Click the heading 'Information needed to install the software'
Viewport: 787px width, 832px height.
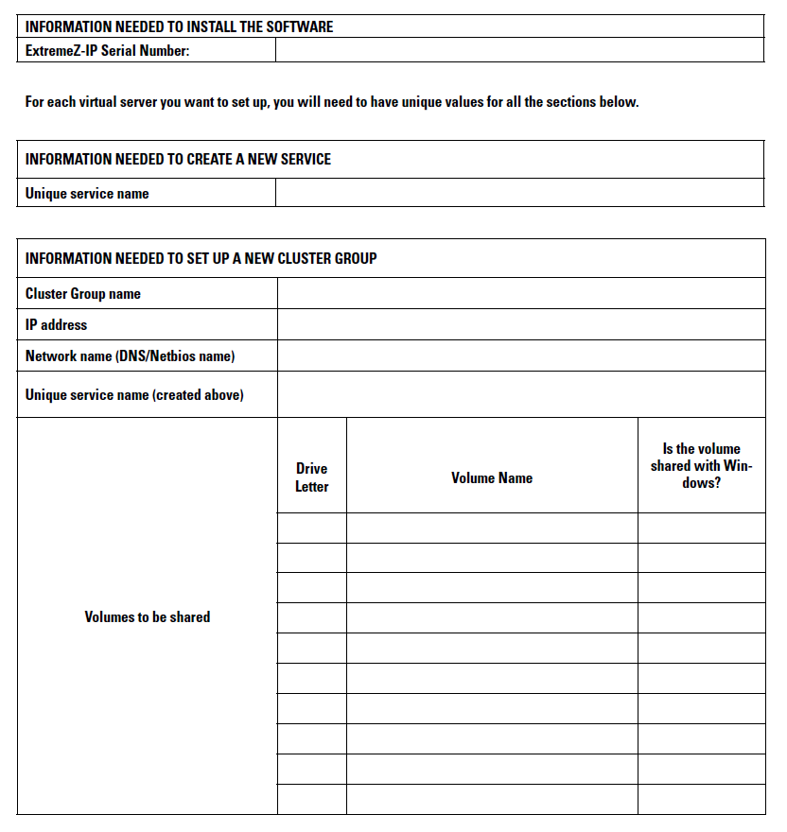(180, 26)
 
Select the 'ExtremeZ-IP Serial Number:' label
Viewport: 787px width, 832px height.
(108, 51)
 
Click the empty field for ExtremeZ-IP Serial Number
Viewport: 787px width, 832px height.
(519, 50)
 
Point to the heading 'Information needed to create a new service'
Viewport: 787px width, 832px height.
(179, 159)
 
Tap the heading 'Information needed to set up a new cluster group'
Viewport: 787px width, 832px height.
(201, 258)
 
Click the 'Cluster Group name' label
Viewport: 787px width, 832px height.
(83, 293)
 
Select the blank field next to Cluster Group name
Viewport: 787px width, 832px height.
(520, 293)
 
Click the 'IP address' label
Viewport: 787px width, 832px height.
(56, 324)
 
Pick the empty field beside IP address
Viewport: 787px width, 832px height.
(520, 324)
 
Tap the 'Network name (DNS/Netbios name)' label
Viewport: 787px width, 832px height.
(131, 355)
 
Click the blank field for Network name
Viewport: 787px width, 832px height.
(520, 355)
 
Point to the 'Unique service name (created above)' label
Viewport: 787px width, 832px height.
(134, 394)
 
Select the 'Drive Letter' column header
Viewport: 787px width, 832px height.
(311, 477)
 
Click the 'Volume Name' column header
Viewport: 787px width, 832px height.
(492, 477)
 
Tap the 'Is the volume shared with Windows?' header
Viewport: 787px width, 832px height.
(701, 465)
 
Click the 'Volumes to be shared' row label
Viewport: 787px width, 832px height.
(148, 616)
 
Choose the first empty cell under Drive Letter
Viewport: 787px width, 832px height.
(311, 528)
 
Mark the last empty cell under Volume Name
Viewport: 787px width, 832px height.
(492, 799)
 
